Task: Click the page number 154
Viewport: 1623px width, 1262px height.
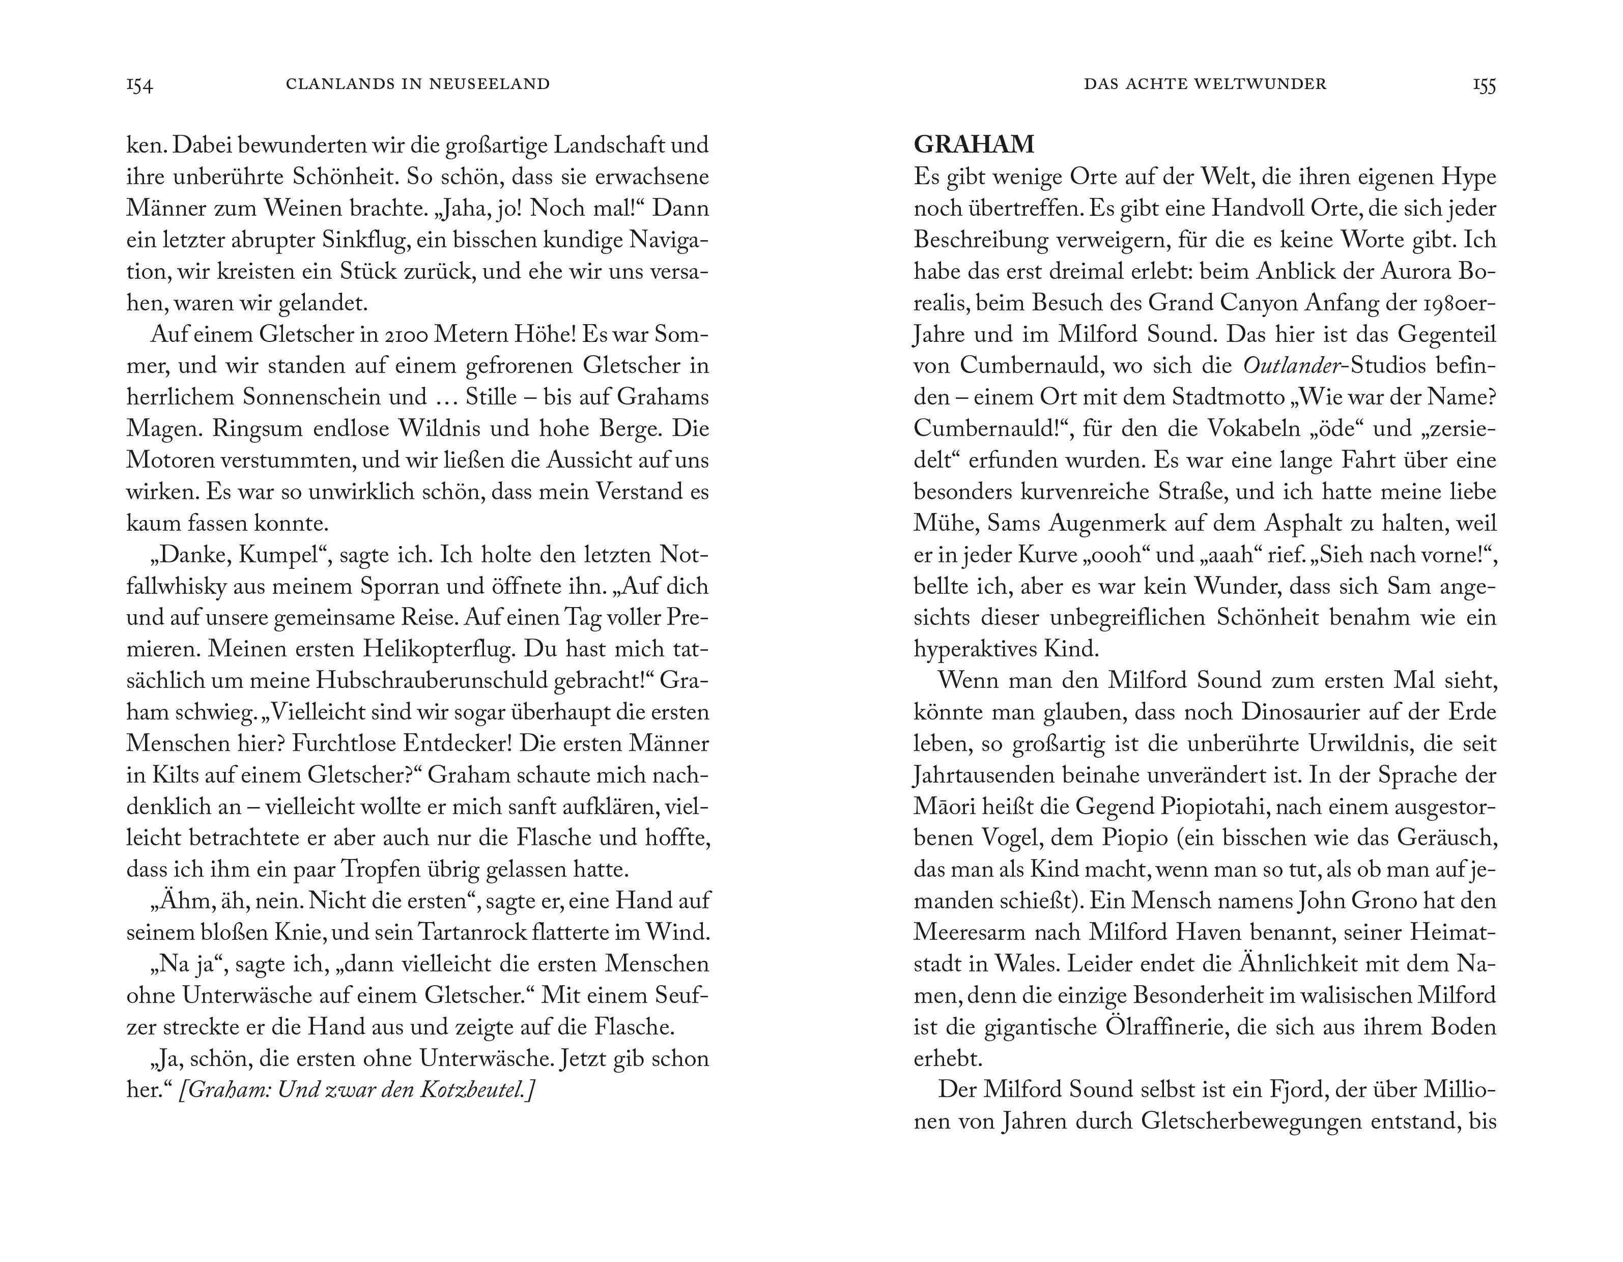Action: pyautogui.click(x=140, y=85)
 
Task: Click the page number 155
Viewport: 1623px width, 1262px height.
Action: pyautogui.click(x=1484, y=85)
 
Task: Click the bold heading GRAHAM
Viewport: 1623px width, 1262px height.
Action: pyautogui.click(x=974, y=144)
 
